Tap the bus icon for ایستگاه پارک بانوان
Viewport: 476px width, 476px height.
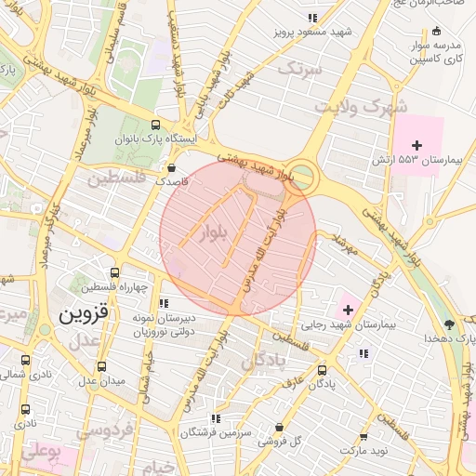tap(154, 125)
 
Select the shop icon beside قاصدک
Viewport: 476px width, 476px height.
tap(172, 168)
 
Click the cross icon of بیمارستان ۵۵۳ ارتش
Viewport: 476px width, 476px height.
tap(417, 144)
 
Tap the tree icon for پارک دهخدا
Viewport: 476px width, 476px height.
tap(450, 324)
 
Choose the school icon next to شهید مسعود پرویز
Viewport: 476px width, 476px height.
tap(315, 17)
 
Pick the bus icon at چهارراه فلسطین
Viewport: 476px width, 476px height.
tap(114, 273)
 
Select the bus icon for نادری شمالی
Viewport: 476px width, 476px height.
tap(25, 360)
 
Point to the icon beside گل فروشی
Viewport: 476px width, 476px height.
tap(279, 428)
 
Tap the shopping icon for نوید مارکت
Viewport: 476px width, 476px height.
tap(363, 436)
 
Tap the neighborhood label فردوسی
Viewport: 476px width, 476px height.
tap(104, 430)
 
